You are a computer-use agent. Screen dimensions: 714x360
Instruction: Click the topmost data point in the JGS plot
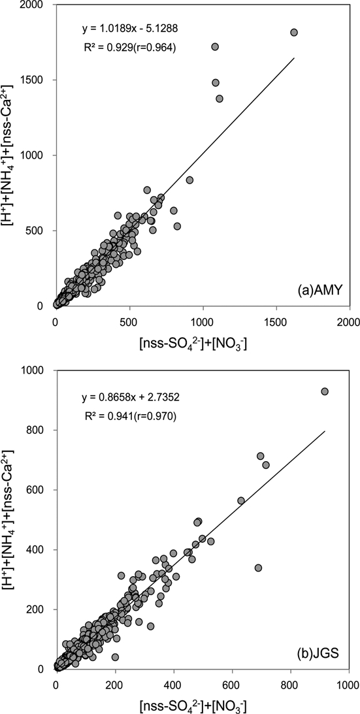[x=324, y=391]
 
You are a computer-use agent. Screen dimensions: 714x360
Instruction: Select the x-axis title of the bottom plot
[x=202, y=704]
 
